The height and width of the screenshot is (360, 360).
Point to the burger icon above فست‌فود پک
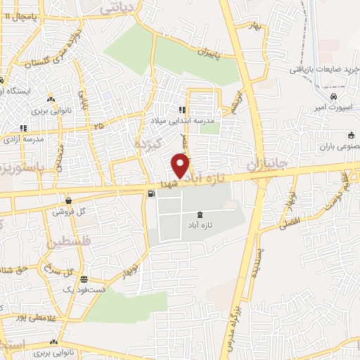[84, 279]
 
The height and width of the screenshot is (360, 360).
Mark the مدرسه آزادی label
[25, 139]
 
